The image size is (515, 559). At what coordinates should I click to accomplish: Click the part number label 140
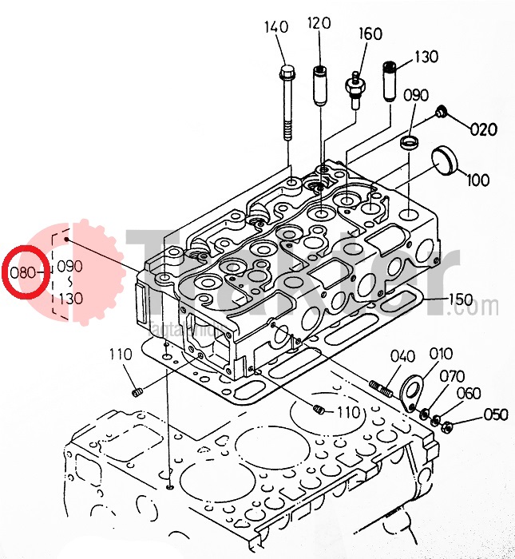coord(275,27)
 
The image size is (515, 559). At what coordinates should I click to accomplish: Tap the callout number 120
coord(319,23)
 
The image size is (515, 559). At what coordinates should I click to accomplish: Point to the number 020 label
coord(483,129)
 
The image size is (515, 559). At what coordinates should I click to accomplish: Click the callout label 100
coord(477,180)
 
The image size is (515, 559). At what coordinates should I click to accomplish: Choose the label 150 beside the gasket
coord(460,300)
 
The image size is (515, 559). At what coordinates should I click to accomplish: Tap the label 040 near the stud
coord(403,356)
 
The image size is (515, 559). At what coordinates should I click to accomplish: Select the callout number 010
coord(441,354)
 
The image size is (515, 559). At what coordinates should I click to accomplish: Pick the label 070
coord(452,376)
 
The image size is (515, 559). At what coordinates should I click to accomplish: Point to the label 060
coord(469,394)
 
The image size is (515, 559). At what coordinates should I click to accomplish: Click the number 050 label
coord(496,414)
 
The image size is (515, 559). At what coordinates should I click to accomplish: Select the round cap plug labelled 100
coord(445,160)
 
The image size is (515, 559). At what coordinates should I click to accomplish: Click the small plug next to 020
coord(442,113)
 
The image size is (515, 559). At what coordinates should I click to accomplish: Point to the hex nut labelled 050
coord(446,424)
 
